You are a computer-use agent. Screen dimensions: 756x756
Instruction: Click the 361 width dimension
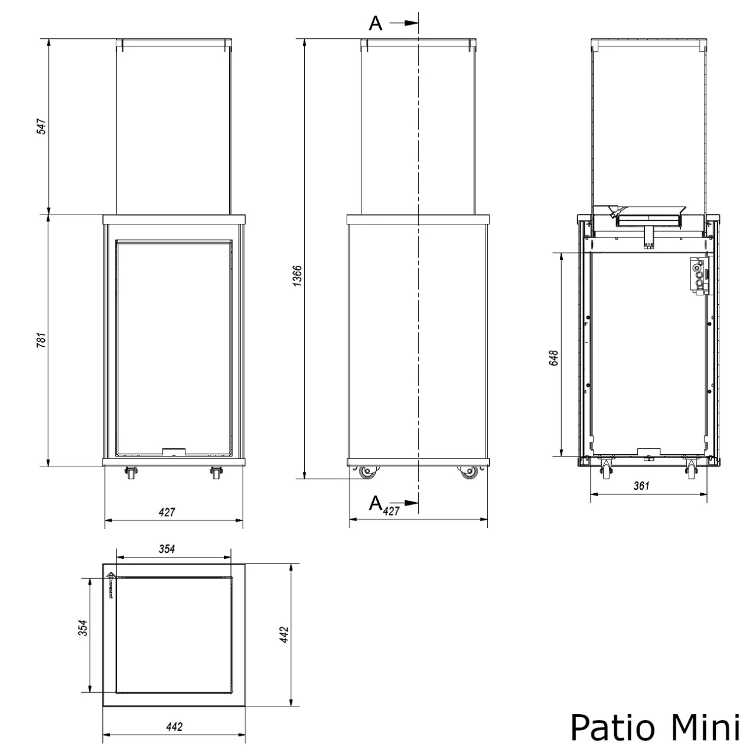(641, 486)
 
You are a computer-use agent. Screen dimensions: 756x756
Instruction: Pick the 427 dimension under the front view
(167, 512)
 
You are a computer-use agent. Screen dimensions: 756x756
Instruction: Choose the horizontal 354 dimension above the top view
(167, 549)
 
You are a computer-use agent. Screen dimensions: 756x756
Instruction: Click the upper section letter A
(376, 24)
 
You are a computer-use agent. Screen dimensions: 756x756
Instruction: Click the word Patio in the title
(614, 726)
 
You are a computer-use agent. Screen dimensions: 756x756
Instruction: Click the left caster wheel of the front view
(129, 473)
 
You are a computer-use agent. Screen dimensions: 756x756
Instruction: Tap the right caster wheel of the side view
(470, 472)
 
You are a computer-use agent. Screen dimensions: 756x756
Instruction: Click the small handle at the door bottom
(174, 452)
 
